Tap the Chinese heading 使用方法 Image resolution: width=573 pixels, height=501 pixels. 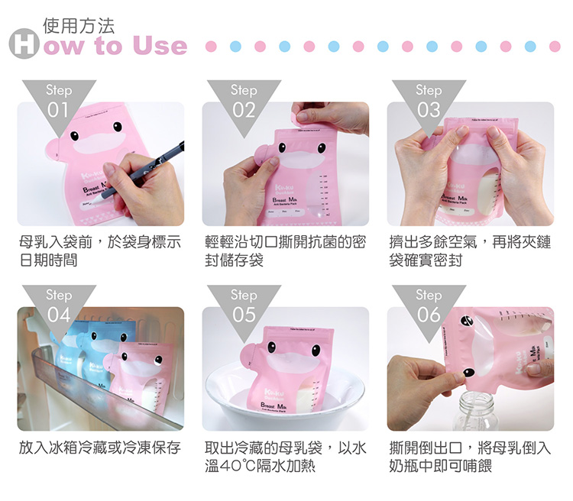[79, 25]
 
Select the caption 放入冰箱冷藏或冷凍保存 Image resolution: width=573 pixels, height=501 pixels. [99, 448]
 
